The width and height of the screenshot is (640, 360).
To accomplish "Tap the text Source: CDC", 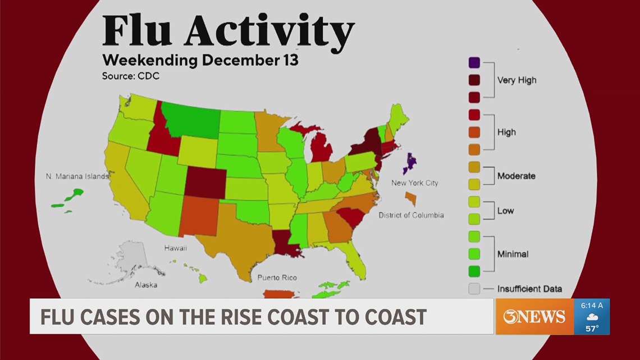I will tap(130, 76).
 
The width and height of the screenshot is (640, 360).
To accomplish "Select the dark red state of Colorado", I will tap(204, 183).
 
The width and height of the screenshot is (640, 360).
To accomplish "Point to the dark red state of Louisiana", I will tap(286, 243).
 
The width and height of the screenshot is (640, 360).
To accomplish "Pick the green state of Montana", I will tap(194, 119).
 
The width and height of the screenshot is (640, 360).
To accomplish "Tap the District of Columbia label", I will tap(410, 215).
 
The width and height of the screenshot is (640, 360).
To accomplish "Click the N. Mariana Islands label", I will tap(77, 176).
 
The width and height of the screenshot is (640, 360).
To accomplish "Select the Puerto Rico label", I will tap(277, 277).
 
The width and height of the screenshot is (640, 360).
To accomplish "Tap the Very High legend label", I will tap(516, 80).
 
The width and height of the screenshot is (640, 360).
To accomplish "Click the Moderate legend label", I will tap(516, 176).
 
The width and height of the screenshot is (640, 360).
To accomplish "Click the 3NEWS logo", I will tap(534, 317).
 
